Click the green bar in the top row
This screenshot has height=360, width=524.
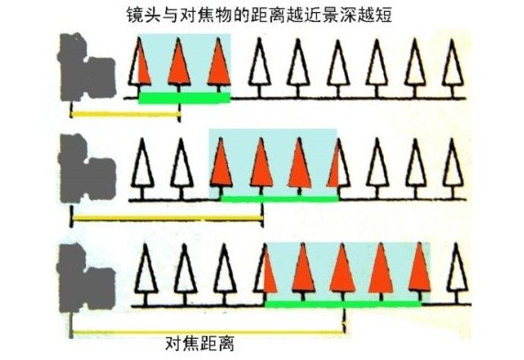[183, 97]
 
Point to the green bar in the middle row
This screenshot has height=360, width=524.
[278, 198]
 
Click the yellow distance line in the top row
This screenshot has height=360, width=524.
[125, 115]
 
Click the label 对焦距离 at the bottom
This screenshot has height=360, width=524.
[201, 344]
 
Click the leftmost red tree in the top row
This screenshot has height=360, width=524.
[139, 66]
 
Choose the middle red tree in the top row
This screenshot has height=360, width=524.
[179, 66]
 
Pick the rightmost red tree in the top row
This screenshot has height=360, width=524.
[218, 66]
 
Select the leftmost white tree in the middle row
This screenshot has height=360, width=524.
[142, 167]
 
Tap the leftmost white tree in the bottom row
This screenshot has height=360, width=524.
[144, 271]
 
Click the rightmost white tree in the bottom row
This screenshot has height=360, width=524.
[456, 271]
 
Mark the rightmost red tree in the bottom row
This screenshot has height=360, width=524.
[419, 271]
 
